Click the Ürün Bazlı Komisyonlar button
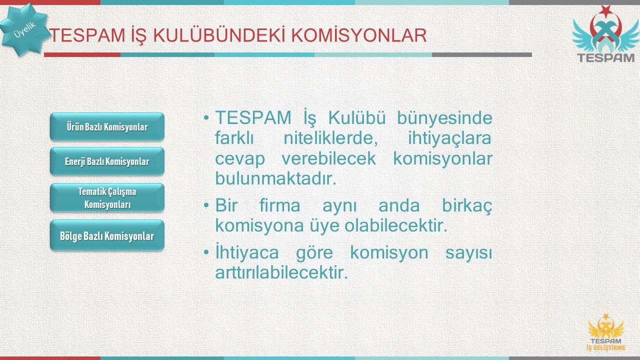click(x=107, y=126)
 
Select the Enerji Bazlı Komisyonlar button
click(x=107, y=161)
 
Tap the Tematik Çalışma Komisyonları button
click(x=107, y=197)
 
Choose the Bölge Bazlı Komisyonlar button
click(x=107, y=235)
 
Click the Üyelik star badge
click(x=24, y=29)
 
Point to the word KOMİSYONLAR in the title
click(x=359, y=35)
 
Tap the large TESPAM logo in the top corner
click(x=605, y=34)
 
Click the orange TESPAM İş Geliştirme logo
click(x=606, y=332)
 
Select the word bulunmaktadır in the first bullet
click(x=275, y=178)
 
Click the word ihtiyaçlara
click(x=449, y=138)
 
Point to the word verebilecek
click(x=329, y=158)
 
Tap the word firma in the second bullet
click(x=279, y=205)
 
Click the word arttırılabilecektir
click(x=281, y=272)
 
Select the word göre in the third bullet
click(x=314, y=253)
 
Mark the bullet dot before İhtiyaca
click(x=206, y=252)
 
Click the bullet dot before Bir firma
click(x=206, y=205)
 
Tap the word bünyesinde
click(x=445, y=117)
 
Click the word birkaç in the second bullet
click(x=467, y=205)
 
